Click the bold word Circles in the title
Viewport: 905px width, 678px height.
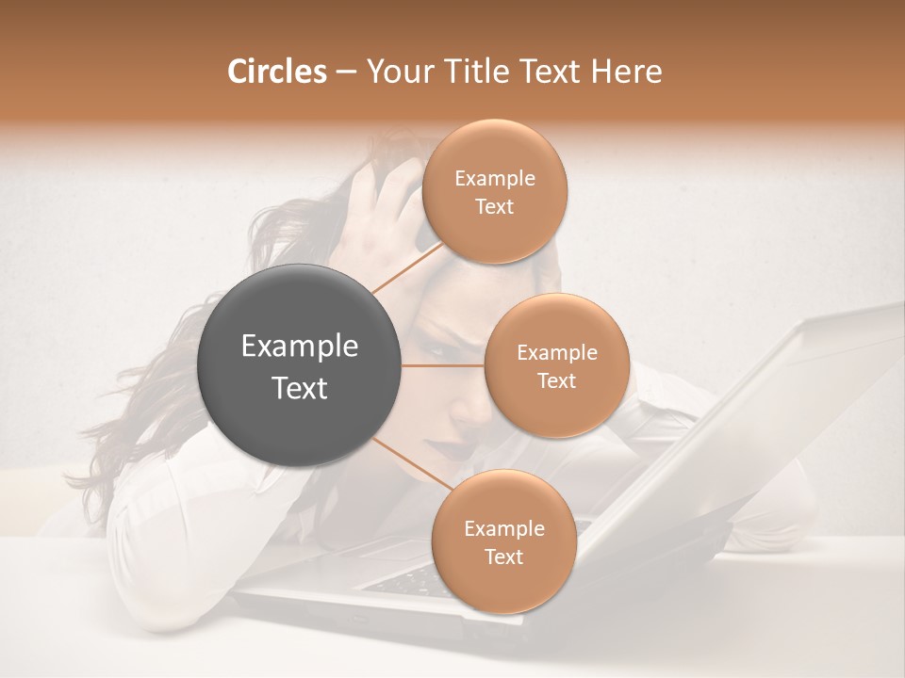(276, 72)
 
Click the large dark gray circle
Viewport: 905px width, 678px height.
(300, 365)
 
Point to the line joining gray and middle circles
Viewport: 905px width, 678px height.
(443, 365)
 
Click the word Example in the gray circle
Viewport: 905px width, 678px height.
(300, 347)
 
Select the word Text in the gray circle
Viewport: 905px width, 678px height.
(300, 388)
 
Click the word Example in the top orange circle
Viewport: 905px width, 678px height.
(495, 179)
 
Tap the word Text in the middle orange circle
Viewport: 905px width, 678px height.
(556, 380)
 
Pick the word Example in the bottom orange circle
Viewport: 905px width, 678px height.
(503, 528)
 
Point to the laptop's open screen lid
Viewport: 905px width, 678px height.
(754, 414)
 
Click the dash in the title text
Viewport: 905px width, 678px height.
(345, 73)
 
